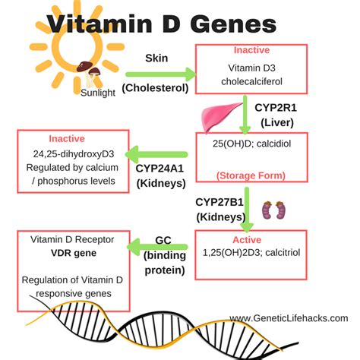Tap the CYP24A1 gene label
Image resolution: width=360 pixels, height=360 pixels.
[160, 169]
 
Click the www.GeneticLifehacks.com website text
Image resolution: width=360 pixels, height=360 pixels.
[289, 318]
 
